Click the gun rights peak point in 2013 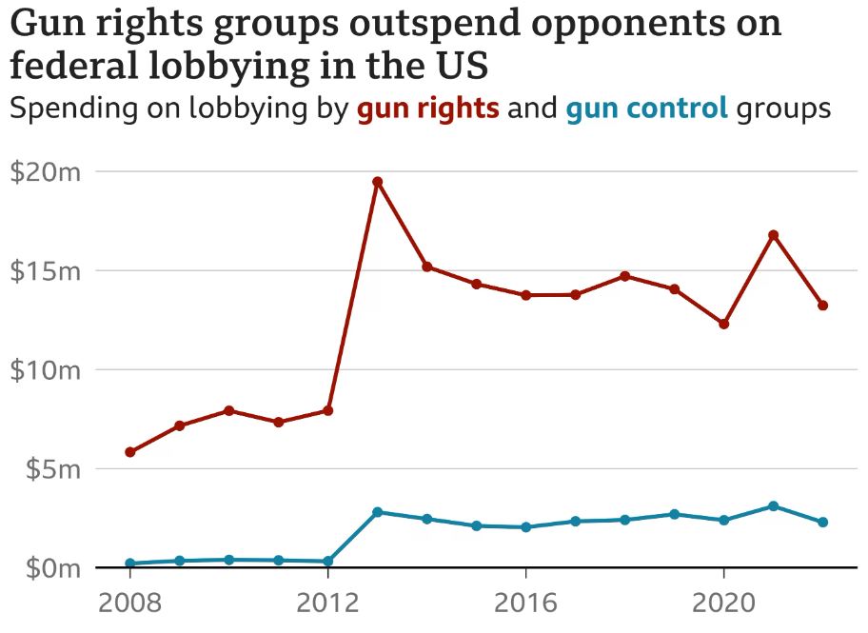click(377, 182)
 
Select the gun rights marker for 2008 click(129, 452)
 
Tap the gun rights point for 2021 click(774, 235)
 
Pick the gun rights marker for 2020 click(724, 325)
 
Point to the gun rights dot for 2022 click(823, 306)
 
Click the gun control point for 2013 click(377, 512)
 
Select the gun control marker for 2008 click(129, 564)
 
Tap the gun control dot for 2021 click(774, 506)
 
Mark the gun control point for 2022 click(823, 523)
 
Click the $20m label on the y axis click(46, 172)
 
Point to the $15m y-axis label click(46, 271)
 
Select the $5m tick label click(51, 469)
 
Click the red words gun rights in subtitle click(428, 109)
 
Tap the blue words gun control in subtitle click(647, 109)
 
